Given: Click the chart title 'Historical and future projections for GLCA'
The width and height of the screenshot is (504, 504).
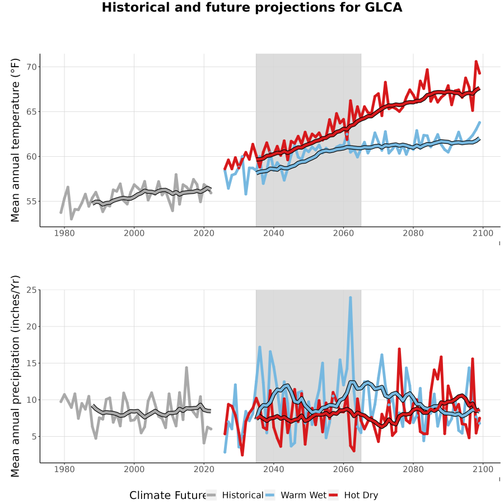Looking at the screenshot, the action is coord(252,7).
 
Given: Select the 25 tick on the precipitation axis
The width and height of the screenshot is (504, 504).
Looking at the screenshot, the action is coord(31,290).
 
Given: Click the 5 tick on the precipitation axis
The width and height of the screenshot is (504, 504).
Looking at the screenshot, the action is coord(34,436).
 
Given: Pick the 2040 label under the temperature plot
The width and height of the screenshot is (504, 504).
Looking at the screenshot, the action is coord(273,233).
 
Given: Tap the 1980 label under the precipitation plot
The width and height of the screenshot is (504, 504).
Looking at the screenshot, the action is coord(64,469).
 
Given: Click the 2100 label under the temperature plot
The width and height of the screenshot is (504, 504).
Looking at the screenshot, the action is coord(483,233).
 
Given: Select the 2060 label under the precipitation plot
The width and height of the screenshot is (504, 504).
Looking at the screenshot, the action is coord(343,469).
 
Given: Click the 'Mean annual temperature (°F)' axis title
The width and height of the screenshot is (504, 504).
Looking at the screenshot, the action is coord(15,140).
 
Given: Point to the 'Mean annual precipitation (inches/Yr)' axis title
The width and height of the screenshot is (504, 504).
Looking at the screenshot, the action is coord(15,376).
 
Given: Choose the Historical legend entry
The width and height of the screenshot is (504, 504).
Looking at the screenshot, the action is coord(235,495).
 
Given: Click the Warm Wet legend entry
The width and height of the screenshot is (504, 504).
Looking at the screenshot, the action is coord(296,495).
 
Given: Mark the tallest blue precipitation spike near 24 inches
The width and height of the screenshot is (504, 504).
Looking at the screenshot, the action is coord(351,298).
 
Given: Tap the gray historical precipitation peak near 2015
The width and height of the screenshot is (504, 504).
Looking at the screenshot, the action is coord(186,368).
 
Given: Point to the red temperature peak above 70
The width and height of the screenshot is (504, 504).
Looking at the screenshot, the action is coord(476,62).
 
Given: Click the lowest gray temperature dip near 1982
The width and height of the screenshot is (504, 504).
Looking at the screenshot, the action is coord(71,219).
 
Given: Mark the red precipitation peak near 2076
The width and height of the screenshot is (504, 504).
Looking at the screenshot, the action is coord(399,349).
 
